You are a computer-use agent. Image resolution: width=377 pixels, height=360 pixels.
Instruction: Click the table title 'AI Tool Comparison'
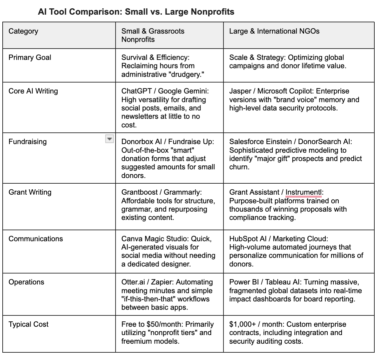tap(136, 12)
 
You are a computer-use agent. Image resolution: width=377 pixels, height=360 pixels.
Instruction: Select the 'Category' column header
tap(23, 31)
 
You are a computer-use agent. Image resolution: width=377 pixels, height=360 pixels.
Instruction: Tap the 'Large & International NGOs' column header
tap(274, 31)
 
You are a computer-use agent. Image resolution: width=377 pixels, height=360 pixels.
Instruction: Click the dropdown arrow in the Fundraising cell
tap(109, 139)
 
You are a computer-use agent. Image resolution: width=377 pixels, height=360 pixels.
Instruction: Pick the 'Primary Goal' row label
tap(30, 58)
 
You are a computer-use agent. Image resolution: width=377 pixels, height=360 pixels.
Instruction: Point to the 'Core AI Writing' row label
tap(33, 91)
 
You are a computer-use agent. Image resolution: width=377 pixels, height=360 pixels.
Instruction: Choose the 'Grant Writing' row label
tap(30, 192)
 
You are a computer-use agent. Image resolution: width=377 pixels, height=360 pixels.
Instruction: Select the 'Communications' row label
tap(36, 239)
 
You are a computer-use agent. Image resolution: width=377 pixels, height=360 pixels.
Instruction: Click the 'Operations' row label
tap(26, 282)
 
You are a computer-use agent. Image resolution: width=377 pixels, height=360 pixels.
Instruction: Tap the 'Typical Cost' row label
tap(29, 324)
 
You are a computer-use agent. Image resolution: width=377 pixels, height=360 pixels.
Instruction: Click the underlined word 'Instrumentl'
tap(304, 192)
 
